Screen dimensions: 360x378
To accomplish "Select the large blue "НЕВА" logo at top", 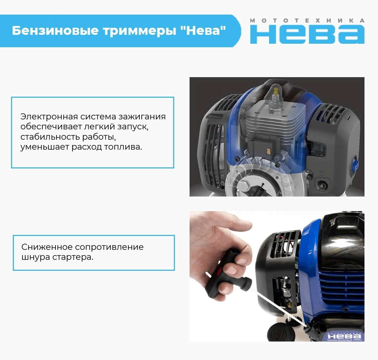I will tap(307, 34).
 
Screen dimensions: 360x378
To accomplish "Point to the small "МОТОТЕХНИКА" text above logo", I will tap(307, 21).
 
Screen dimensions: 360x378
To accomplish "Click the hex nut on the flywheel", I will tap(245, 187).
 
